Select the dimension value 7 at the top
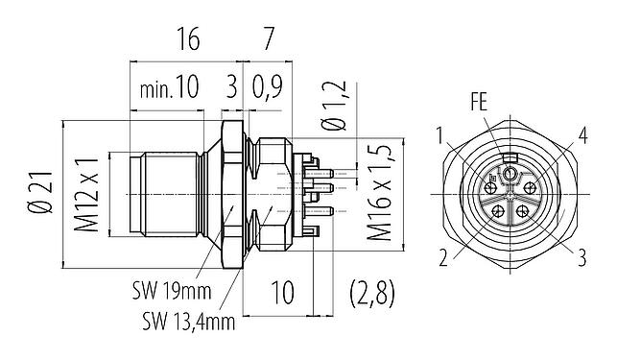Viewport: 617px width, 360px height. point(270,39)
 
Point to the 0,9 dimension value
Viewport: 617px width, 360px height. point(268,90)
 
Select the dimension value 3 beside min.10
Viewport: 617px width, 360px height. point(230,90)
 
